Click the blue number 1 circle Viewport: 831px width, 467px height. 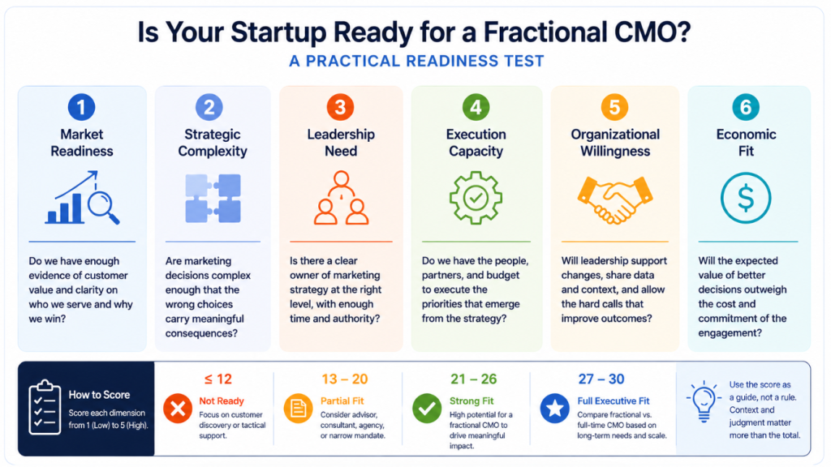point(82,107)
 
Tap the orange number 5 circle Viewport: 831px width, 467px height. point(614,107)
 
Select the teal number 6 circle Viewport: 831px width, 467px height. point(746,107)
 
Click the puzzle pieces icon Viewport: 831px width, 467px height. point(213,198)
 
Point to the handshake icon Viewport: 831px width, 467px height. point(615,199)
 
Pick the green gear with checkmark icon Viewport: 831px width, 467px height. point(476,198)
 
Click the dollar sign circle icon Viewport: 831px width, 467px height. point(746,198)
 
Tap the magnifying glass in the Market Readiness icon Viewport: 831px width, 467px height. point(103,208)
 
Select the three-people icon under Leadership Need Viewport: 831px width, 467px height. point(342,198)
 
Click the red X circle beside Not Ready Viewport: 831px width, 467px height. point(178,409)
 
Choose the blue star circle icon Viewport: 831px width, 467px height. point(555,409)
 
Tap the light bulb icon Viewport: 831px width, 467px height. point(704,401)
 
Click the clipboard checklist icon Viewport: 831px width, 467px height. point(45,407)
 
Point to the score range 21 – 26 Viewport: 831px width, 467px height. point(474,379)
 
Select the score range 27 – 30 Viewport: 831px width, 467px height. point(601,379)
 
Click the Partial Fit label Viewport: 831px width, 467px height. point(342,401)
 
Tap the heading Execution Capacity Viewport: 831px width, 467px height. point(476,143)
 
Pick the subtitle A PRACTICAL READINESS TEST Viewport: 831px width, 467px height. point(416,61)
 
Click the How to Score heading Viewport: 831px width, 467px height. point(99,395)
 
